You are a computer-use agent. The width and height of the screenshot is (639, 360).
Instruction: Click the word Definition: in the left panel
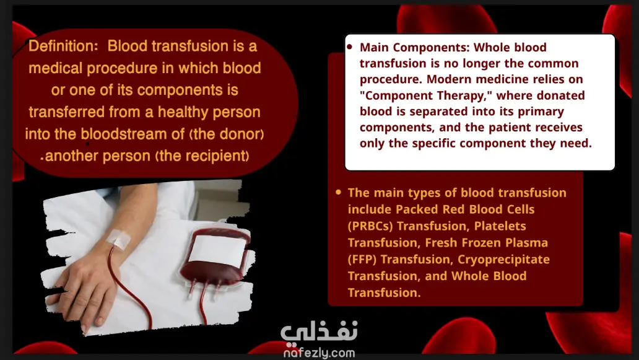click(x=63, y=46)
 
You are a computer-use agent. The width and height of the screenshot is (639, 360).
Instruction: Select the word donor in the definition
click(x=240, y=134)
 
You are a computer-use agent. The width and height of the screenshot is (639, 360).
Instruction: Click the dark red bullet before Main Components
click(x=349, y=47)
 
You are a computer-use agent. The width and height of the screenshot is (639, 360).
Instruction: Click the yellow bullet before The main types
click(x=338, y=192)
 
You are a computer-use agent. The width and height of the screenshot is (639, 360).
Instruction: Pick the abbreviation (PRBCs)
click(x=370, y=226)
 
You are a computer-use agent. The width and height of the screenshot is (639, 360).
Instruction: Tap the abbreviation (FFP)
click(x=362, y=259)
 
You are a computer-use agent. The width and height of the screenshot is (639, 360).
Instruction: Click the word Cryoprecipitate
click(x=503, y=260)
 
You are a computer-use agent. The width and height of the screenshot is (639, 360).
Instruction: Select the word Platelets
click(x=500, y=226)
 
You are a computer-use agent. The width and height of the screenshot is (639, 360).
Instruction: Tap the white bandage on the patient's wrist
click(x=118, y=239)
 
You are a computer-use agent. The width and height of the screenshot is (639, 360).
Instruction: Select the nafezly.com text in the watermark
click(x=319, y=353)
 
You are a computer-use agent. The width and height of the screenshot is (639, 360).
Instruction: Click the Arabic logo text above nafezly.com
click(x=319, y=331)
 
